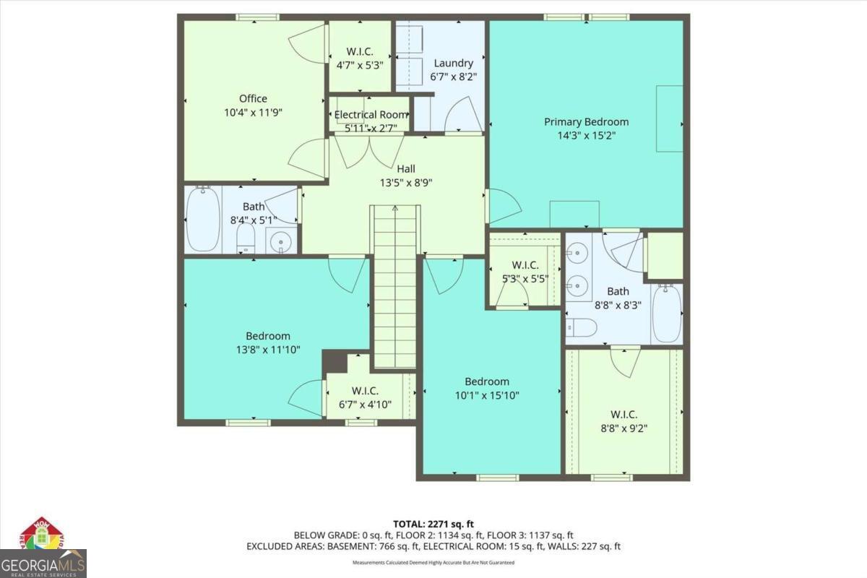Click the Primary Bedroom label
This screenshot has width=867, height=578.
(586, 121)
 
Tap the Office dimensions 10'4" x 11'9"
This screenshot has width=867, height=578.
(253, 113)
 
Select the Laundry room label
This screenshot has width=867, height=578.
(453, 63)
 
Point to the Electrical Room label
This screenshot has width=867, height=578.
(371, 114)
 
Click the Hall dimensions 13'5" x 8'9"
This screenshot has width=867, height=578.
(405, 183)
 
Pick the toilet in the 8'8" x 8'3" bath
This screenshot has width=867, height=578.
(580, 328)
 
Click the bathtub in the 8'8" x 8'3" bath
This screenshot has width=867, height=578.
(666, 314)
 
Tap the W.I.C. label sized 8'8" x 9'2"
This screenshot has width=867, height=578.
(624, 414)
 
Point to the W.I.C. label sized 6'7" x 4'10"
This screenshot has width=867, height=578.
(365, 391)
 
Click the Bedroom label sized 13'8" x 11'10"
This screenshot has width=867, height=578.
(267, 336)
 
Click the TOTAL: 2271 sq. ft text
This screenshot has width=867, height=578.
(433, 523)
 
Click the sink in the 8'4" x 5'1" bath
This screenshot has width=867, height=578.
(282, 241)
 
